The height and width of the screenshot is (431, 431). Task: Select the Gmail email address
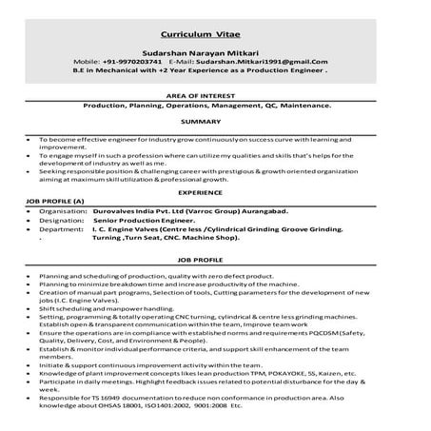click(269, 60)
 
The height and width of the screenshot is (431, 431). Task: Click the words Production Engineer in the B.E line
click(291, 69)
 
